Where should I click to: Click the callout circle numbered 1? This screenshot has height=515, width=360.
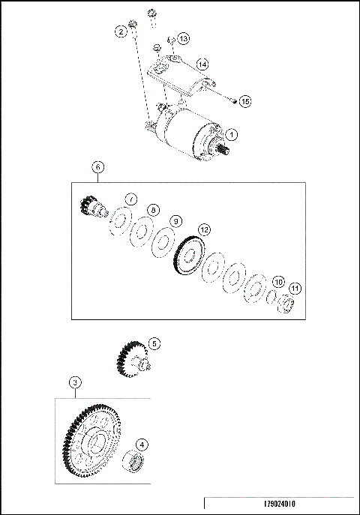point(232,135)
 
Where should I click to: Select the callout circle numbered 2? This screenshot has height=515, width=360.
point(120,31)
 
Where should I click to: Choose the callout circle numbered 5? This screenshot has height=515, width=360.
point(154,343)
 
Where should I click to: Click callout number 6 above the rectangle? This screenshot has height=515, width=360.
point(97,167)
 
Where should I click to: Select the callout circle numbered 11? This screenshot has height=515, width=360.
point(295,288)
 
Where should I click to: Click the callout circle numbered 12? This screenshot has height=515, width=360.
point(204,229)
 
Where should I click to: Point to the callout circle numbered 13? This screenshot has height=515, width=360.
point(184,38)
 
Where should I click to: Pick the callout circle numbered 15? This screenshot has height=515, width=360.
point(244,100)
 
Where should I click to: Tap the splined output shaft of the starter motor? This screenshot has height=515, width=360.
point(223,149)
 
